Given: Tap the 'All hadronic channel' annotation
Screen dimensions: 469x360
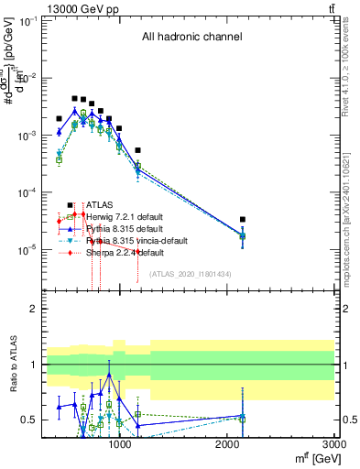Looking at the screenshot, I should (191, 38).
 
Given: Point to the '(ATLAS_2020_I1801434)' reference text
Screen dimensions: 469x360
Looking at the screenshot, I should (191, 274).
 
